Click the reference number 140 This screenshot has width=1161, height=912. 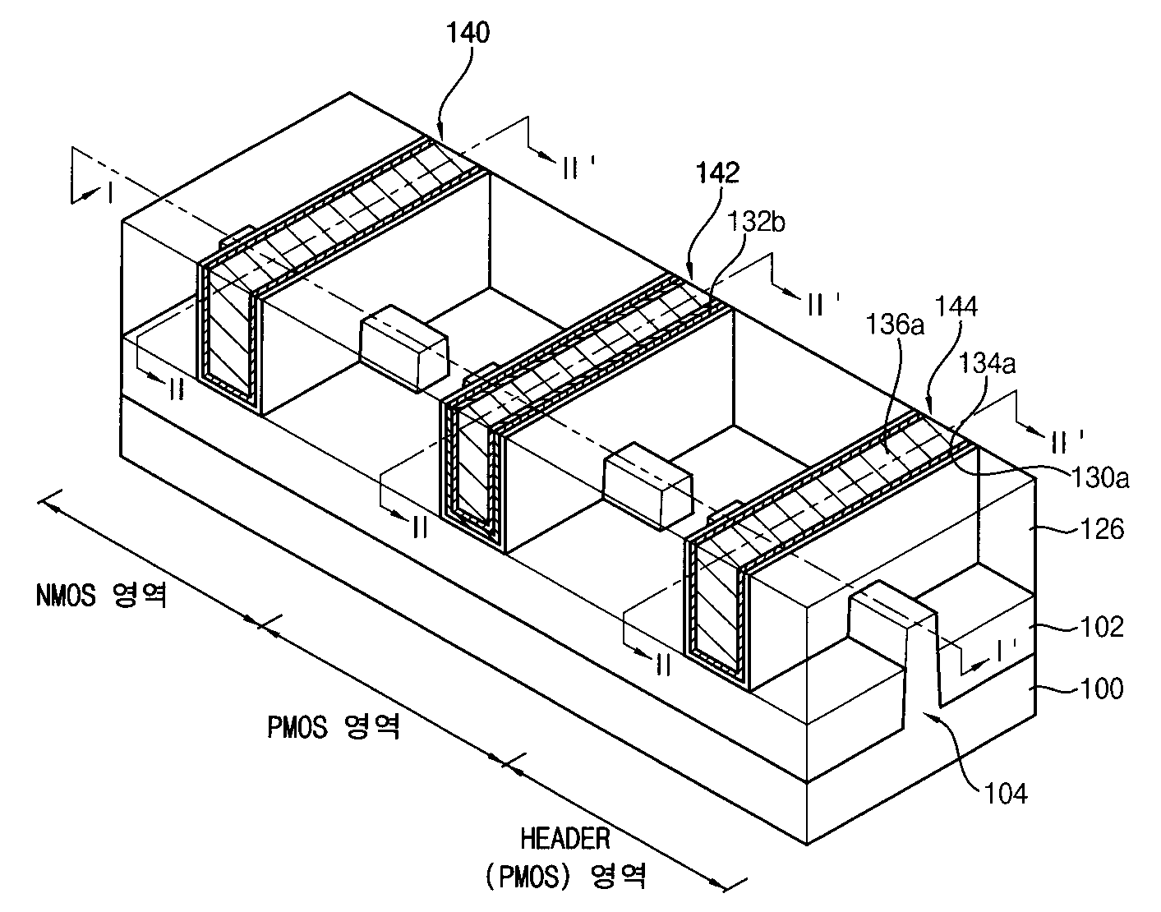468,33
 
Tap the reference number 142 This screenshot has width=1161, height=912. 718,173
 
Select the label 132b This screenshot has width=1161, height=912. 755,221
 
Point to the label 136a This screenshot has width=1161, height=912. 895,325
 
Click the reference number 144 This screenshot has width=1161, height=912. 956,306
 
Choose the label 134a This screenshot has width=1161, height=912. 987,364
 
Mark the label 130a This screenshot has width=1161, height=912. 1099,477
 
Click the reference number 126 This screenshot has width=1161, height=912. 1102,529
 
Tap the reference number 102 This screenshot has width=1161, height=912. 1102,626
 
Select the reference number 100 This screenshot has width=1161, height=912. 1102,689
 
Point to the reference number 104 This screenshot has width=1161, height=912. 1006,794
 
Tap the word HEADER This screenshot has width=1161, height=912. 565,838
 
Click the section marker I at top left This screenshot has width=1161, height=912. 110,193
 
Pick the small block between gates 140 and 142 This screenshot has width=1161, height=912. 404,348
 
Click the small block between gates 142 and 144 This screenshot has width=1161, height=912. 647,485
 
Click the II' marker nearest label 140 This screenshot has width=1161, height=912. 577,169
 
